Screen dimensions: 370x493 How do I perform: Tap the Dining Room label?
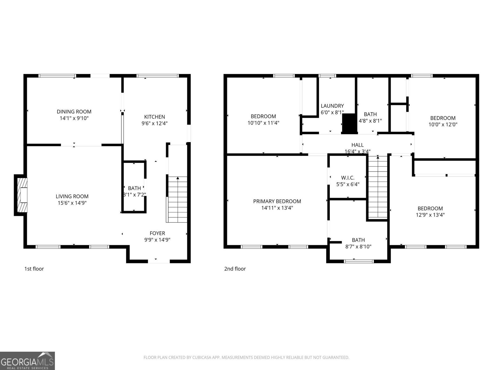[74, 112]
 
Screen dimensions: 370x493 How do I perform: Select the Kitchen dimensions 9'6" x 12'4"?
[154, 123]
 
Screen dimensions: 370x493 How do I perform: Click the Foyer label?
[157, 233]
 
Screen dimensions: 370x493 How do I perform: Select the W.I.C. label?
[348, 178]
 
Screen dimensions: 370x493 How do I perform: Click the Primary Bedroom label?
[277, 201]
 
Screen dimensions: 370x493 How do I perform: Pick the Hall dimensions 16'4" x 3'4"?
[357, 151]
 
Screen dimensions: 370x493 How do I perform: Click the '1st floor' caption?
[34, 269]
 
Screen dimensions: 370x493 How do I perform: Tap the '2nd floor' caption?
[235, 269]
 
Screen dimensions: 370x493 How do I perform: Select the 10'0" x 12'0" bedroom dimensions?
[443, 125]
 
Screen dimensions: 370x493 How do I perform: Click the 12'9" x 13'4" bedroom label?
[430, 208]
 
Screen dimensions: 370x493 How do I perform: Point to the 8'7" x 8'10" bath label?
[358, 240]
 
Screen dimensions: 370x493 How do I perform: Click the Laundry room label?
[332, 106]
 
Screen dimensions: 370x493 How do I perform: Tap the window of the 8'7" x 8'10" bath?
[359, 261]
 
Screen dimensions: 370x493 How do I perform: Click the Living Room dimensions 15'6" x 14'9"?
[72, 203]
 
